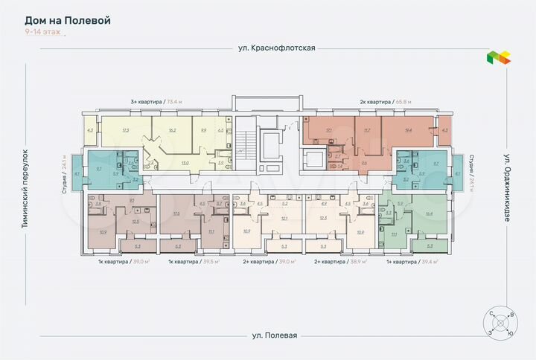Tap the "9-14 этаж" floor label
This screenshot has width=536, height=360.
pyautogui.click(x=42, y=33)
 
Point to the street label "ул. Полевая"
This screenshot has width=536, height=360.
pyautogui.click(x=274, y=335)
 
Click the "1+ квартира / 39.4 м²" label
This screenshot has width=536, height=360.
pyautogui.click(x=412, y=262)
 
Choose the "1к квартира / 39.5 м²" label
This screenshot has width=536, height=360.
pyautogui.click(x=194, y=262)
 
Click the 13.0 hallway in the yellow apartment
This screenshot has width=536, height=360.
pyautogui.click(x=185, y=163)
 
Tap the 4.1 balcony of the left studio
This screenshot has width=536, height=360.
pyautogui.click(x=78, y=174)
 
